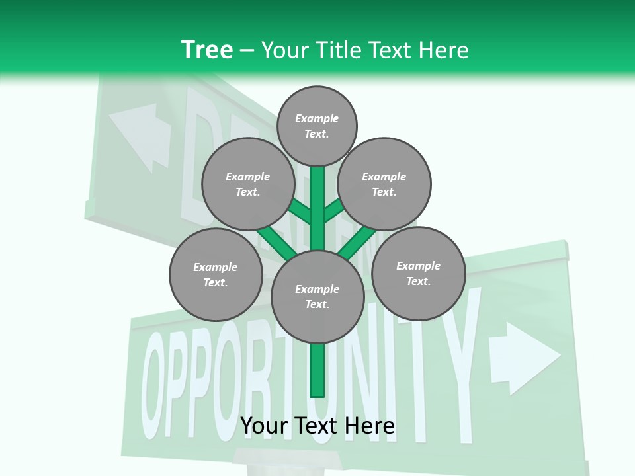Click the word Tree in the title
(x=207, y=50)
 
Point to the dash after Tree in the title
(x=247, y=51)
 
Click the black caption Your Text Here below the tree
(x=317, y=426)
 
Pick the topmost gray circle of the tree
(x=317, y=126)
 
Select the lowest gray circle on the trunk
(x=317, y=297)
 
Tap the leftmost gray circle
(x=216, y=274)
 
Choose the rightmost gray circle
(x=419, y=273)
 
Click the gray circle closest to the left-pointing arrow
(x=248, y=184)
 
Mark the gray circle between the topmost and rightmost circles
(x=384, y=184)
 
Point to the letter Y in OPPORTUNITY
(x=456, y=357)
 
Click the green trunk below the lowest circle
(x=317, y=370)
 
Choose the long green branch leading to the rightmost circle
(x=357, y=242)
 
